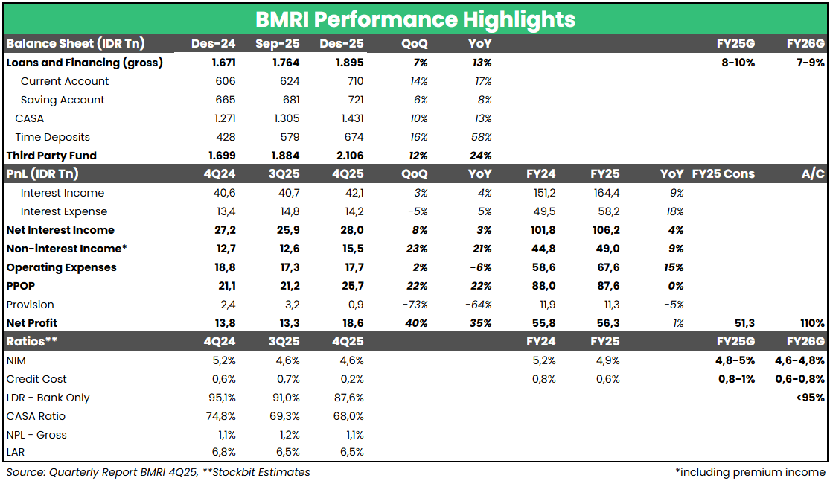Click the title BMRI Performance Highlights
pos(415,19)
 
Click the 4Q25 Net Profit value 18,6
pos(351,323)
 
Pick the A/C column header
pos(813,174)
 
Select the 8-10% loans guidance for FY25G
pos(738,63)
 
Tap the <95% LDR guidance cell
pos(810,398)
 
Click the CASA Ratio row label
pos(36,416)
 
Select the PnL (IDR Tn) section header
pos(42,174)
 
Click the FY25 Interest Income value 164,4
pos(605,193)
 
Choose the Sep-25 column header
pos(278,44)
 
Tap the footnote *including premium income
pos(750,472)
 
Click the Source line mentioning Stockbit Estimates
pos(158,472)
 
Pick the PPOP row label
pos(22,286)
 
